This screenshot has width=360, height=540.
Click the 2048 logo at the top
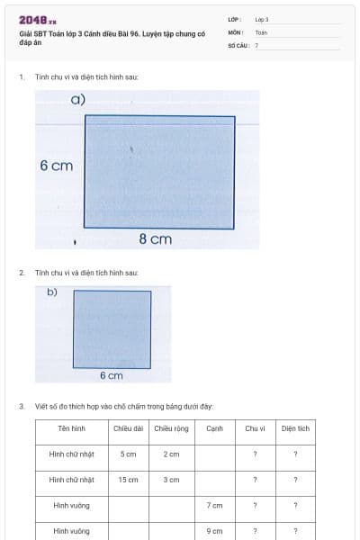pyautogui.click(x=38, y=20)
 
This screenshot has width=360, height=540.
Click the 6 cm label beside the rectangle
pyautogui.click(x=56, y=166)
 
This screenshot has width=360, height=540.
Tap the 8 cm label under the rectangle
pyautogui.click(x=155, y=238)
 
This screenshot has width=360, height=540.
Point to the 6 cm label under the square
pyautogui.click(x=111, y=375)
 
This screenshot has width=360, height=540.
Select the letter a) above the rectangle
pyautogui.click(x=78, y=99)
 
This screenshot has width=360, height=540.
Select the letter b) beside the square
pyautogui.click(x=52, y=292)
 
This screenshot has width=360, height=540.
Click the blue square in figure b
pyautogui.click(x=112, y=328)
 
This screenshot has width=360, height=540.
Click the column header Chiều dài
pyautogui.click(x=128, y=428)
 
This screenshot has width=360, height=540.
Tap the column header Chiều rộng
pyautogui.click(x=171, y=428)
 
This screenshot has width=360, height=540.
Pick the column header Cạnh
pyautogui.click(x=214, y=428)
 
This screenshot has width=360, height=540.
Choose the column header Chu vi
pyautogui.click(x=255, y=428)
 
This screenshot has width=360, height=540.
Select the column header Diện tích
pyautogui.click(x=295, y=428)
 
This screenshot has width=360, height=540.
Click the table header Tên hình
pyautogui.click(x=71, y=428)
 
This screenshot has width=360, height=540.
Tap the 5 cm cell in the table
pyautogui.click(x=128, y=454)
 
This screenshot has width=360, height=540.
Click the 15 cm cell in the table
pyautogui.click(x=128, y=480)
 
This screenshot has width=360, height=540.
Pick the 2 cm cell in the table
pyautogui.click(x=171, y=454)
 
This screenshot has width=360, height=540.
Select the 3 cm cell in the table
pyautogui.click(x=171, y=480)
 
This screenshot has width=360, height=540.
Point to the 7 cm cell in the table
pyautogui.click(x=214, y=506)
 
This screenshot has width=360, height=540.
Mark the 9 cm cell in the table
pyautogui.click(x=214, y=531)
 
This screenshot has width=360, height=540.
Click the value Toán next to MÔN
pyautogui.click(x=261, y=31)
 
